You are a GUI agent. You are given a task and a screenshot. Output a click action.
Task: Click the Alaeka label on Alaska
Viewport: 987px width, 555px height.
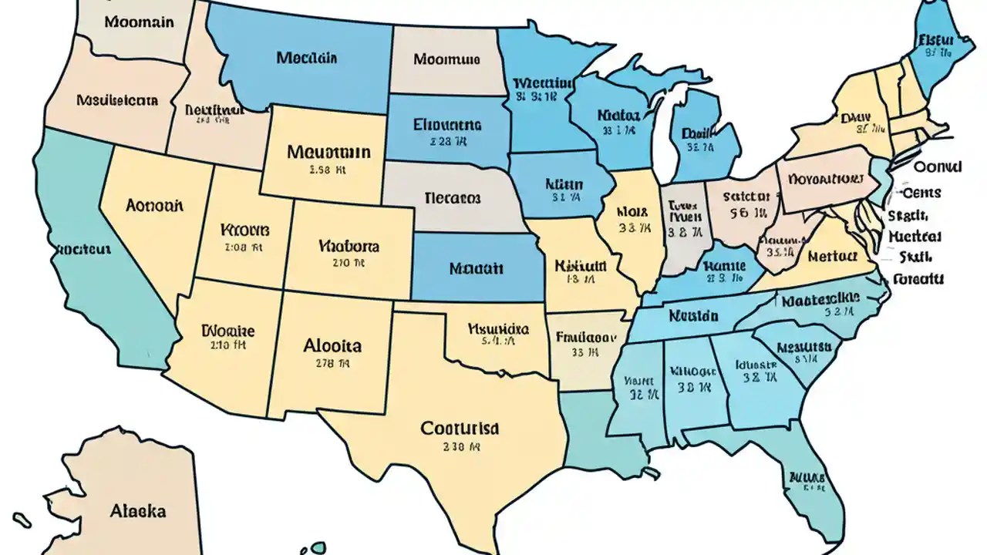point(138,510)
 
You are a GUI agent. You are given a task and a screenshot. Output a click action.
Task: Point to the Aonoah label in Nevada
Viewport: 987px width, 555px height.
point(154,206)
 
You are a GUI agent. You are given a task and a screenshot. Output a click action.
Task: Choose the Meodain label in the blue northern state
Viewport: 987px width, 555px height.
point(306,57)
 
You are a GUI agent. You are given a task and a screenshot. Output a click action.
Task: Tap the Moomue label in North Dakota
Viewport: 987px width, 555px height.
point(446,59)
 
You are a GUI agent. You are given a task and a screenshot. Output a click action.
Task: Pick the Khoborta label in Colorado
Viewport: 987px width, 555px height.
point(349,247)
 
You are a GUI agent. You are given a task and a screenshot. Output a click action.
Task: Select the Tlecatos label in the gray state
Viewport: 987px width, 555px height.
point(453,197)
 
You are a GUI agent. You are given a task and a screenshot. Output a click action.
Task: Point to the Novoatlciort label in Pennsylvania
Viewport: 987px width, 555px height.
point(824,179)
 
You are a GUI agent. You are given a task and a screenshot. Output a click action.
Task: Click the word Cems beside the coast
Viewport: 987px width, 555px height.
point(921,193)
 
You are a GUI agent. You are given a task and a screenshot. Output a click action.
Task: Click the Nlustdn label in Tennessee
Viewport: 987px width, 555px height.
point(693,315)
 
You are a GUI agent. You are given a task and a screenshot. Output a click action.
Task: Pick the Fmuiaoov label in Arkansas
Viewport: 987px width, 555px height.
point(585,336)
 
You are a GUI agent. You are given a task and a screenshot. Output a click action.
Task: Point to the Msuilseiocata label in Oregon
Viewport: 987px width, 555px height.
point(117,99)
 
